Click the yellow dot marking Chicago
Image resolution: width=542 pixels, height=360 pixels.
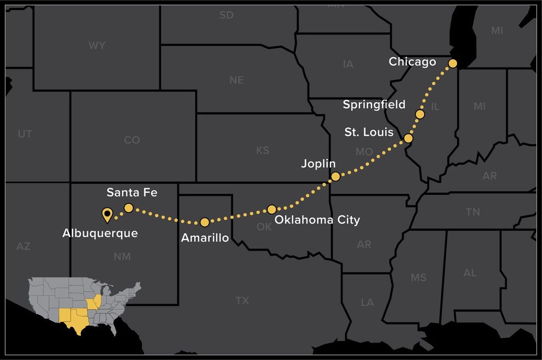click(453, 64)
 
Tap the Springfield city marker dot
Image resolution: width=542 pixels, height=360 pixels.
click(420, 114)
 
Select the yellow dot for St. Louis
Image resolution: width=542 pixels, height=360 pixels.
click(408, 139)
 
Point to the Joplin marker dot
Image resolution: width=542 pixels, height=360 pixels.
click(335, 176)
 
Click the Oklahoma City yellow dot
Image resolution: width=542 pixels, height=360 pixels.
click(272, 210)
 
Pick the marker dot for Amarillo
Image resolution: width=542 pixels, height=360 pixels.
click(205, 222)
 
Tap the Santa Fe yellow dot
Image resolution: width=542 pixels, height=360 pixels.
click(129, 208)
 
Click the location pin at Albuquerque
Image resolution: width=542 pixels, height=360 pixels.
click(107, 214)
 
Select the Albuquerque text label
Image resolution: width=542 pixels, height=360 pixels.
click(100, 233)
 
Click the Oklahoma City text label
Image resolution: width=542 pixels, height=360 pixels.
click(317, 220)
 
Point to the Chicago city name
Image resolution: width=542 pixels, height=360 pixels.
click(412, 62)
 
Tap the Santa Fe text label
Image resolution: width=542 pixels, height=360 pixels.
click(132, 192)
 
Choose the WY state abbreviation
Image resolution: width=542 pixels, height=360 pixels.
click(97, 46)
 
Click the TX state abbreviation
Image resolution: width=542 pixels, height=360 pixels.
click(242, 301)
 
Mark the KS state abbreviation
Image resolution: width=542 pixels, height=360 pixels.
click(263, 150)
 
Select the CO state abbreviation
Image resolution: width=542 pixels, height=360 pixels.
click(132, 140)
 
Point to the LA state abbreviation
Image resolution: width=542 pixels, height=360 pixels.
click(367, 303)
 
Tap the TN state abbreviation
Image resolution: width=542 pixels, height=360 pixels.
click(473, 212)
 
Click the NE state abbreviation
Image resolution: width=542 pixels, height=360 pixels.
click(237, 80)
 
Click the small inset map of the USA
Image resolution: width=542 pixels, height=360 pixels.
click(85, 307)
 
